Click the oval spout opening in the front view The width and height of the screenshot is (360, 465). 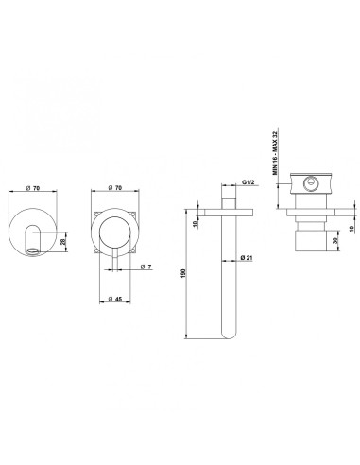coord(36,250)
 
